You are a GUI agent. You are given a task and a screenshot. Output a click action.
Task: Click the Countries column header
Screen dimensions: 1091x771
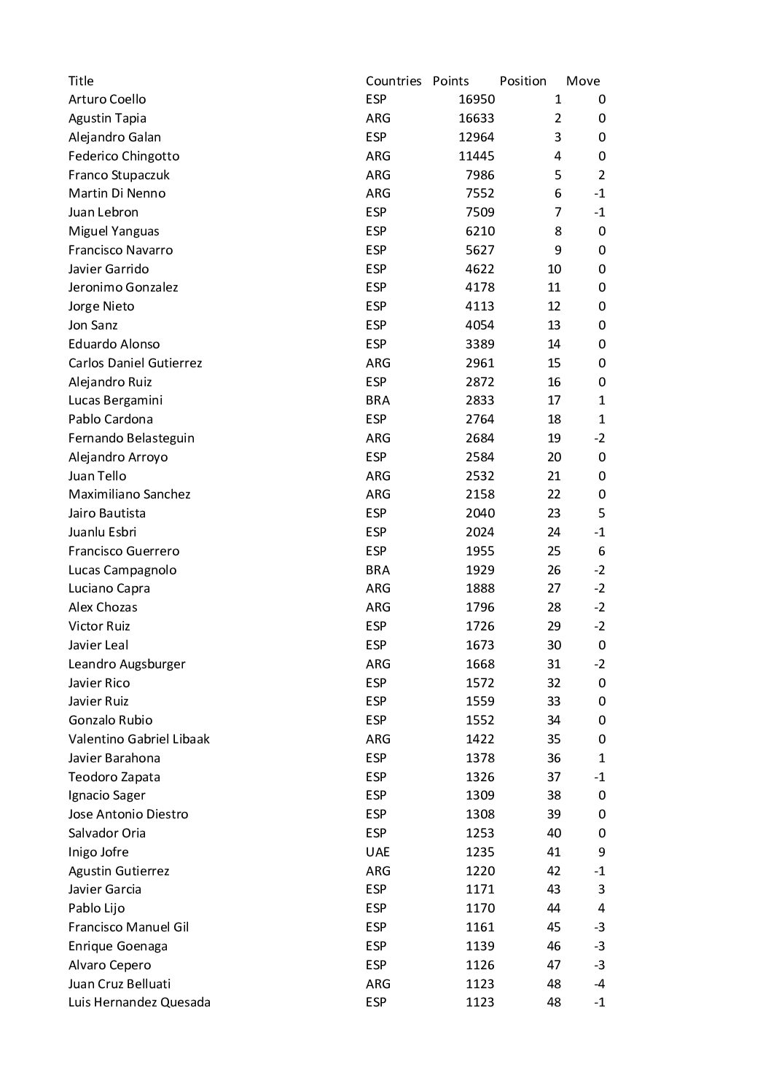(x=394, y=81)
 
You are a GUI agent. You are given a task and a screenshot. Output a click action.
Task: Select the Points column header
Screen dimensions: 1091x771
(x=450, y=81)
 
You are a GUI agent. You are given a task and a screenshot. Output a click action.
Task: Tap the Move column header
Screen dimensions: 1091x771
(x=582, y=81)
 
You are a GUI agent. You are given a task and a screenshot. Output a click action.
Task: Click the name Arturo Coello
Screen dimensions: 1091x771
(x=107, y=100)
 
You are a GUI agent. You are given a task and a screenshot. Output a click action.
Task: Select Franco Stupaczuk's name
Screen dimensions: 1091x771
(x=119, y=175)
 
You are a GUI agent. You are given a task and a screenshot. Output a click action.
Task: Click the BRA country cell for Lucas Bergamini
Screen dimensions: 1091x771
(x=377, y=400)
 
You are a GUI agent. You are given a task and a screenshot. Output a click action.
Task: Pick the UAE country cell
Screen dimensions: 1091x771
(x=377, y=852)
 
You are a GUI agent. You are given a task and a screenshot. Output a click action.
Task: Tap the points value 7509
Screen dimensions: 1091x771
(x=480, y=212)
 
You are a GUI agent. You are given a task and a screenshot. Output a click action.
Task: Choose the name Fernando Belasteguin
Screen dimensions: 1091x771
(x=131, y=438)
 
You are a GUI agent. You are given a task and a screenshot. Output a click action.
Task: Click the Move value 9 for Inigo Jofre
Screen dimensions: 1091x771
(x=601, y=852)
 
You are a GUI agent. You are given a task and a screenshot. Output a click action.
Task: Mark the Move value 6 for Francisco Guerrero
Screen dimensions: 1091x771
(x=601, y=551)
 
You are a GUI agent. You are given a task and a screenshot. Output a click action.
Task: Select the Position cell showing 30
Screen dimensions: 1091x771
(x=554, y=645)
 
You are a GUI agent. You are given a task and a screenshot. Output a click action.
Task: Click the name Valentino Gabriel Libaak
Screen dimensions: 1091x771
(x=138, y=739)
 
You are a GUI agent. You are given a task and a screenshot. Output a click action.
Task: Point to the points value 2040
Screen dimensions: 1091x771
(x=480, y=513)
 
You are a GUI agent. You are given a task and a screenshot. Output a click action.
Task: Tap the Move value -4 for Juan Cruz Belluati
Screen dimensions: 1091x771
(x=599, y=984)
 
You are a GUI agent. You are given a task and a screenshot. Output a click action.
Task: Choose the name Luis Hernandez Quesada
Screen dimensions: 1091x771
(x=139, y=1002)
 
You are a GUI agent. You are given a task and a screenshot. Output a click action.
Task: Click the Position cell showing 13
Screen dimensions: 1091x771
(x=554, y=325)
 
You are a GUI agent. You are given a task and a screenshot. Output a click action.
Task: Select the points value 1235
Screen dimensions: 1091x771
(x=480, y=852)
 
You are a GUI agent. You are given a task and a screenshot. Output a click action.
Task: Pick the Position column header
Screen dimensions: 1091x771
(x=523, y=81)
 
